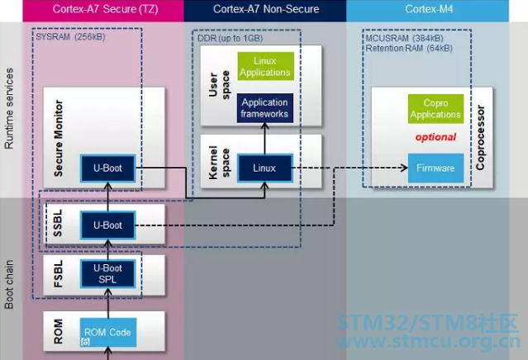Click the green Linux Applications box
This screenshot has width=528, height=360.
tap(265, 67)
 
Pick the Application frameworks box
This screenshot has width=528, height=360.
tap(265, 108)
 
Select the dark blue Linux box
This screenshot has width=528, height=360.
tap(265, 168)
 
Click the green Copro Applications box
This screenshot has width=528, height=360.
tap(435, 109)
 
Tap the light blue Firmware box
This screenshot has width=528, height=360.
tap(435, 168)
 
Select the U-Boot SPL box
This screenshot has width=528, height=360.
tap(107, 273)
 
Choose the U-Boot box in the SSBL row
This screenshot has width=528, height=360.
tap(107, 225)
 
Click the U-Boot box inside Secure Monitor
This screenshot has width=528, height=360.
tap(107, 168)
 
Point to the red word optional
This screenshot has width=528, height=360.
tap(435, 136)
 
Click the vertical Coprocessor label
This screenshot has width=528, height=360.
tap(480, 136)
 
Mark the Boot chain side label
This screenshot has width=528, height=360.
tap(10, 281)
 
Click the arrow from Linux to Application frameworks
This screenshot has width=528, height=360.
tap(265, 138)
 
